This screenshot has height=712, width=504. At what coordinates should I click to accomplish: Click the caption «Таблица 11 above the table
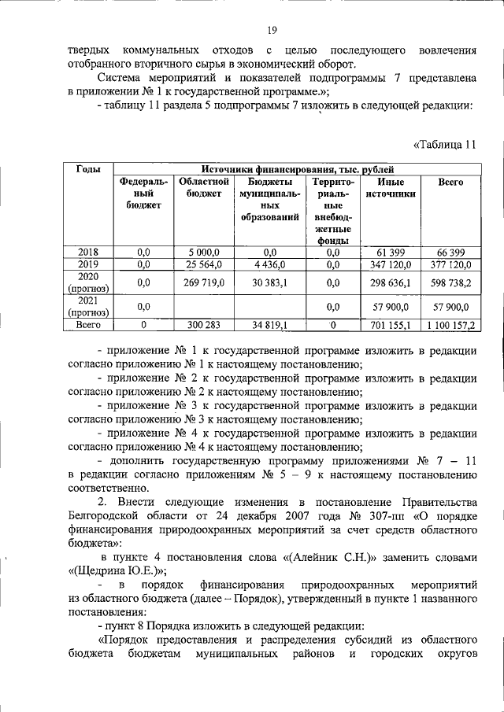[445, 144]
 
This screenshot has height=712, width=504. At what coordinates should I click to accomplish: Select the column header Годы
[87, 169]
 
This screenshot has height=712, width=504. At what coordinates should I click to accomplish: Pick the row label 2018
[87, 252]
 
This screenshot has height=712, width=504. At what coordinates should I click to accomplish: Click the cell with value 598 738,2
[450, 282]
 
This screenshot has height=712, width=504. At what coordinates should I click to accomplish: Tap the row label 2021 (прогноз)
[87, 305]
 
